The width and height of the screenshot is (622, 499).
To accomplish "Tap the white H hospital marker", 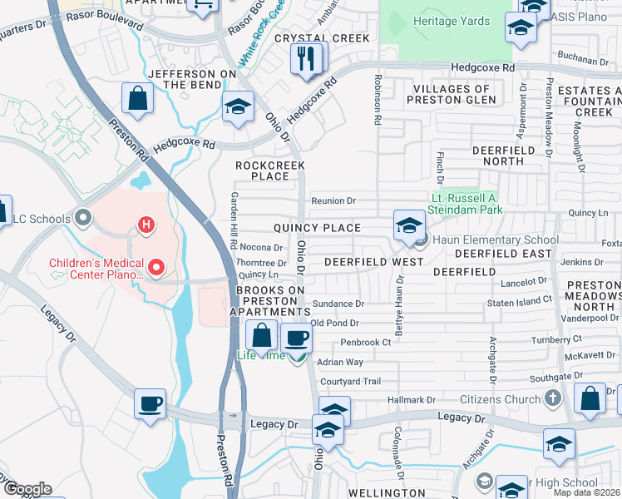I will point(146,225).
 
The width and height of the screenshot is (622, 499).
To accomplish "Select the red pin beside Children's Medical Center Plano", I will point(155,268).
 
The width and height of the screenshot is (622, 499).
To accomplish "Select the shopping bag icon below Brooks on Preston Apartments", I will point(262,336).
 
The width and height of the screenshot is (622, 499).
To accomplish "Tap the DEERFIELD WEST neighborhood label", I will point(373,261).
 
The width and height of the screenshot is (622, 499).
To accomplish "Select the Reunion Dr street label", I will point(333,200).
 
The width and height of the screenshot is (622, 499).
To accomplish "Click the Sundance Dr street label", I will point(338,304).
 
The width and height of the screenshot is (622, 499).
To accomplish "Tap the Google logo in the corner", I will point(27,489).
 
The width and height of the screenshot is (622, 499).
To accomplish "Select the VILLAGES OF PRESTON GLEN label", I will point(451,94).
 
